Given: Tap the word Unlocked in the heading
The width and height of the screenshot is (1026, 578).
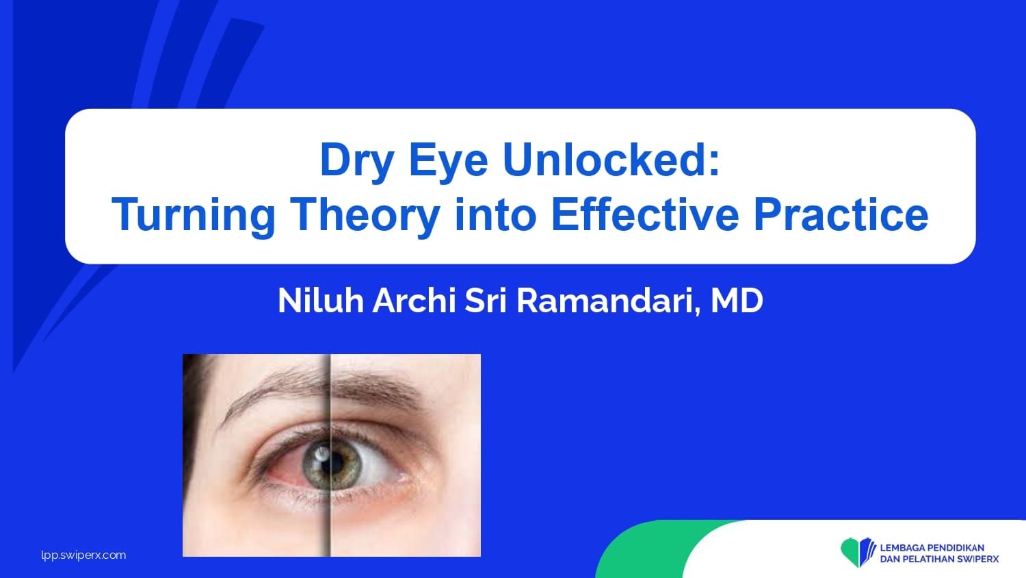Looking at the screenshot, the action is (x=611, y=160).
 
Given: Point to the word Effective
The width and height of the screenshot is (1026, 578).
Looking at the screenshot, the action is (x=644, y=214).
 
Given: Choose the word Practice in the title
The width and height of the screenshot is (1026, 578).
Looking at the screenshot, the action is (x=841, y=214).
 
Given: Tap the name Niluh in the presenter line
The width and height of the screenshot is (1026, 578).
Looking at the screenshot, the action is (x=321, y=301).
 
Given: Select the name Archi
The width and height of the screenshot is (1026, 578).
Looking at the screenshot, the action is (x=414, y=301).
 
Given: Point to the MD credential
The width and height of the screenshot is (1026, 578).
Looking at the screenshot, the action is (x=737, y=301).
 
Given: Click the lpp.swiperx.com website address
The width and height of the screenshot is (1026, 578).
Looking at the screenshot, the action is (x=83, y=555).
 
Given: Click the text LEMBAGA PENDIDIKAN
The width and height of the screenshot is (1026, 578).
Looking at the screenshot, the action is (x=932, y=548).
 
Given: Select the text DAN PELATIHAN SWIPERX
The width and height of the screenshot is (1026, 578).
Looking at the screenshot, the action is (x=939, y=560).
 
